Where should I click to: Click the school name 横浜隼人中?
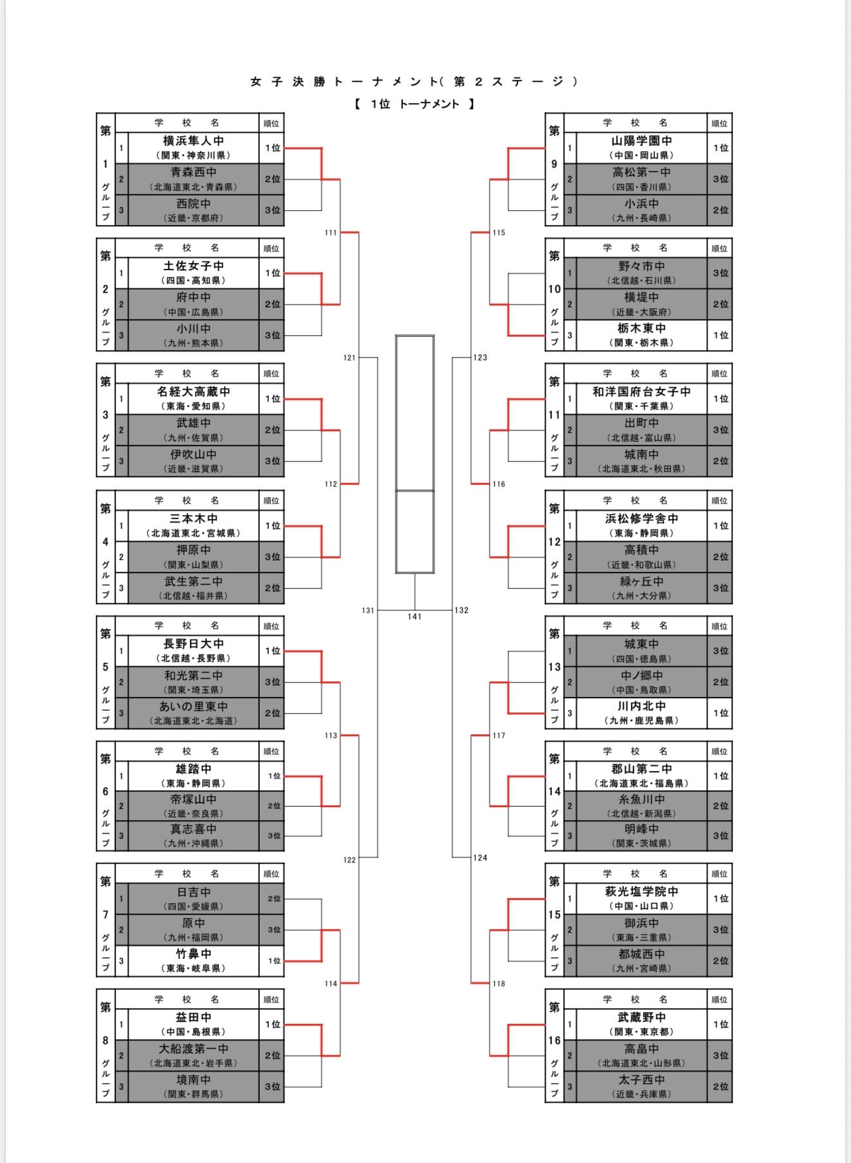point(193,141)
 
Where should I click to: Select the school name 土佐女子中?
point(193,266)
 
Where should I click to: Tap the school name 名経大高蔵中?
point(193,392)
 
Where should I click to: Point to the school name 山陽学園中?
point(641,141)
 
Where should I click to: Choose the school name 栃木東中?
point(641,329)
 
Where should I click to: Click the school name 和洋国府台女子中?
point(641,392)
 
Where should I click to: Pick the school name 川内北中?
point(641,707)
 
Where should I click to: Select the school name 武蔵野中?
point(641,1017)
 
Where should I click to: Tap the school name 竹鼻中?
point(193,954)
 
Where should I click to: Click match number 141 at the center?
point(415,617)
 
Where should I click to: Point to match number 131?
point(367,611)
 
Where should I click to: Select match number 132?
point(462,611)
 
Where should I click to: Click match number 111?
point(331,233)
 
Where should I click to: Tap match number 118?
point(499,984)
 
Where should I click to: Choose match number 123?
point(480,358)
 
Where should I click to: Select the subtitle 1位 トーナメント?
point(415,104)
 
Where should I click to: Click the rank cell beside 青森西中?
point(272,179)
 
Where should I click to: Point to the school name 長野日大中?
point(193,644)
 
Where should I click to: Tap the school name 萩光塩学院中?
point(641,892)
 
